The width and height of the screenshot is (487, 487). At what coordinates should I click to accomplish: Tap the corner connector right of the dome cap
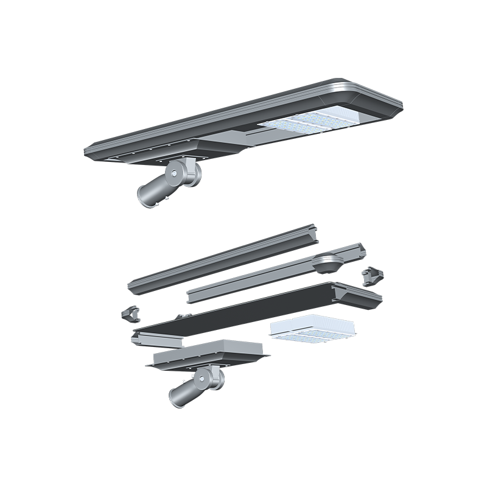point(370,278)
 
